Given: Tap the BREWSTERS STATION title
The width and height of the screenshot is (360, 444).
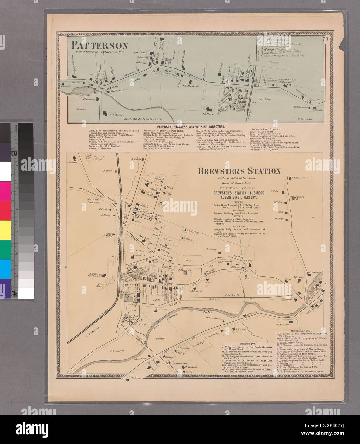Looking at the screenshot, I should [x=239, y=171].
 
